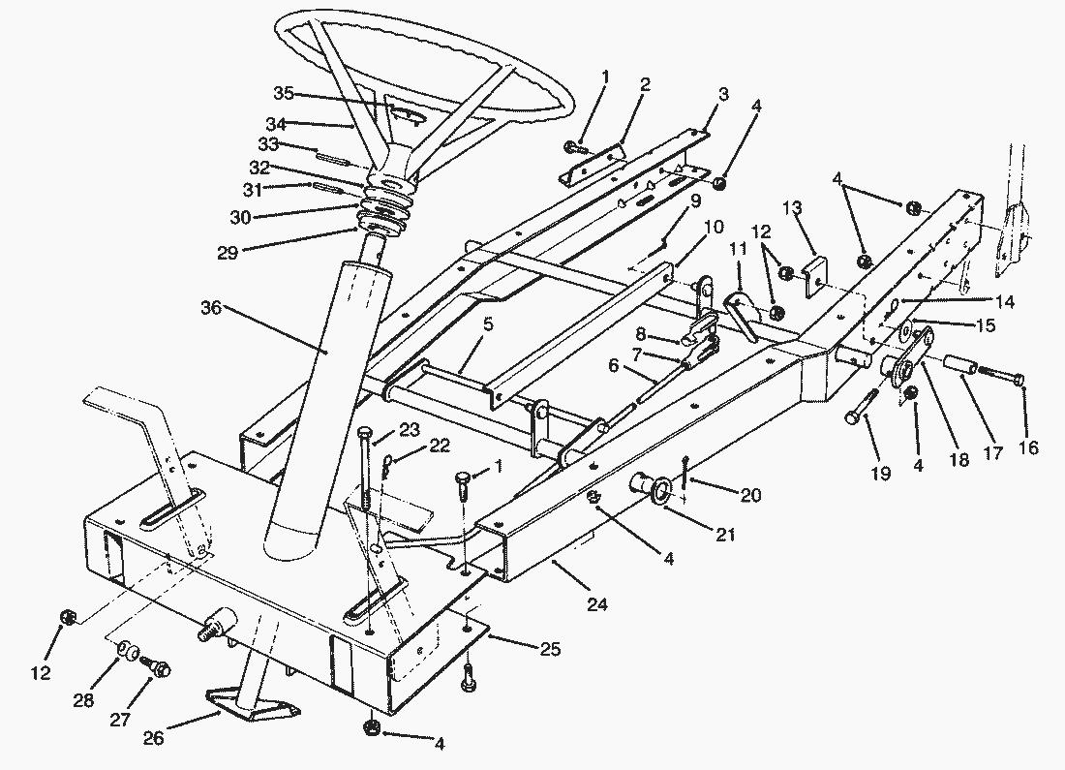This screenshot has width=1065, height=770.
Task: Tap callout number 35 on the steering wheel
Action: click(x=283, y=93)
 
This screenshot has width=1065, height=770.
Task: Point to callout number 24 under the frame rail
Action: click(x=596, y=604)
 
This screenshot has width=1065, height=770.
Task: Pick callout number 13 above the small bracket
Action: click(x=792, y=208)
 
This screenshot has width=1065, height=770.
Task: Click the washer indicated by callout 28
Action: click(x=127, y=649)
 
